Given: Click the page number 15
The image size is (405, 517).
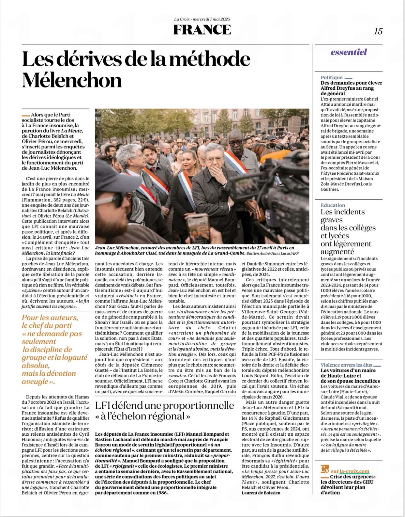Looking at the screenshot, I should [x=378, y=31].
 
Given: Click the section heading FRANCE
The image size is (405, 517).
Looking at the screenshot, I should [x=202, y=30].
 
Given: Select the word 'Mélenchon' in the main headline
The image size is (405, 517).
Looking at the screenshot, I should [x=72, y=80].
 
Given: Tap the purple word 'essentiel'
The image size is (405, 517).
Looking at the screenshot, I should [x=349, y=52].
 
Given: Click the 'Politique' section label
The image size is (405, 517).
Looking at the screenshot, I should [x=331, y=77].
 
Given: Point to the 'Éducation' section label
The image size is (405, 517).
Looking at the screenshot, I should [x=333, y=205].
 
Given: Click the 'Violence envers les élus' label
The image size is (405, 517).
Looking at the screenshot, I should [x=346, y=365].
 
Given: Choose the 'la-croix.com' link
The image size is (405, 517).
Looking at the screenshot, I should [x=354, y=471].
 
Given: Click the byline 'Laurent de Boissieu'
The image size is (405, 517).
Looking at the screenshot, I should [x=261, y=493].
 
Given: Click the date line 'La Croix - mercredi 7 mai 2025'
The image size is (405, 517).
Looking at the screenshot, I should [x=202, y=19].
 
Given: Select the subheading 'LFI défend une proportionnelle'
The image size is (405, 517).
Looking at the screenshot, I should [x=164, y=406].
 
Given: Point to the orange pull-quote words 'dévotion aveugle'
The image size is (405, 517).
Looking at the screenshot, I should [x=49, y=377].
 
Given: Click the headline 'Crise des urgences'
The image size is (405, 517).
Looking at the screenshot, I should [x=348, y=477].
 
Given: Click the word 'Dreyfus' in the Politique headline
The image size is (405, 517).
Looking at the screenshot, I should [x=351, y=88].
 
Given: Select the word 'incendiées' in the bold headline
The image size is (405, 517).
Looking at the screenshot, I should [x=366, y=381].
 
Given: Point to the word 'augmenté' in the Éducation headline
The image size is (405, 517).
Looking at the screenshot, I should [x=337, y=252].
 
